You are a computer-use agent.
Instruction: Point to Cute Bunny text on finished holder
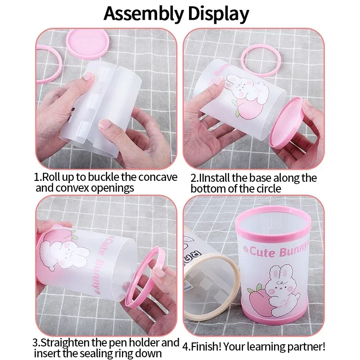(279, 252)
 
